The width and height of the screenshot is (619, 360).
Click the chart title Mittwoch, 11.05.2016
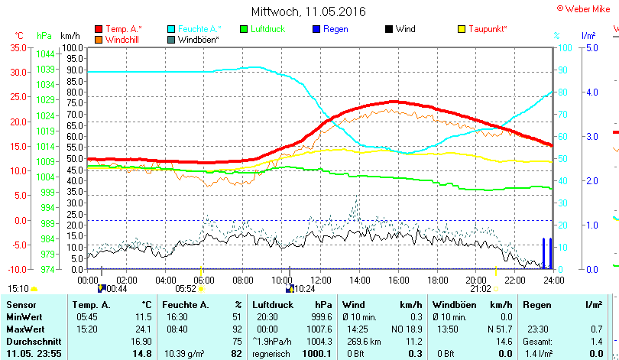308,11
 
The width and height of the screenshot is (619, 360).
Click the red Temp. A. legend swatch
99,29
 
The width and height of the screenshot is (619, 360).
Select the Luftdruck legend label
266,29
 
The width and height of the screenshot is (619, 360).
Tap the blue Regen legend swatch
317,29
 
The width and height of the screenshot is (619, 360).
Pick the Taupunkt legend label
488,29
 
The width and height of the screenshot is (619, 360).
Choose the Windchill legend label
122,39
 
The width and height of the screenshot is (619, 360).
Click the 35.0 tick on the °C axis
17,47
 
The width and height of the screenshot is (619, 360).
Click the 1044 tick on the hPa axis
45,54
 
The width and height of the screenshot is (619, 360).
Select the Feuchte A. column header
184,305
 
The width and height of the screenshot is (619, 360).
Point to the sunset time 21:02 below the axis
480,289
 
